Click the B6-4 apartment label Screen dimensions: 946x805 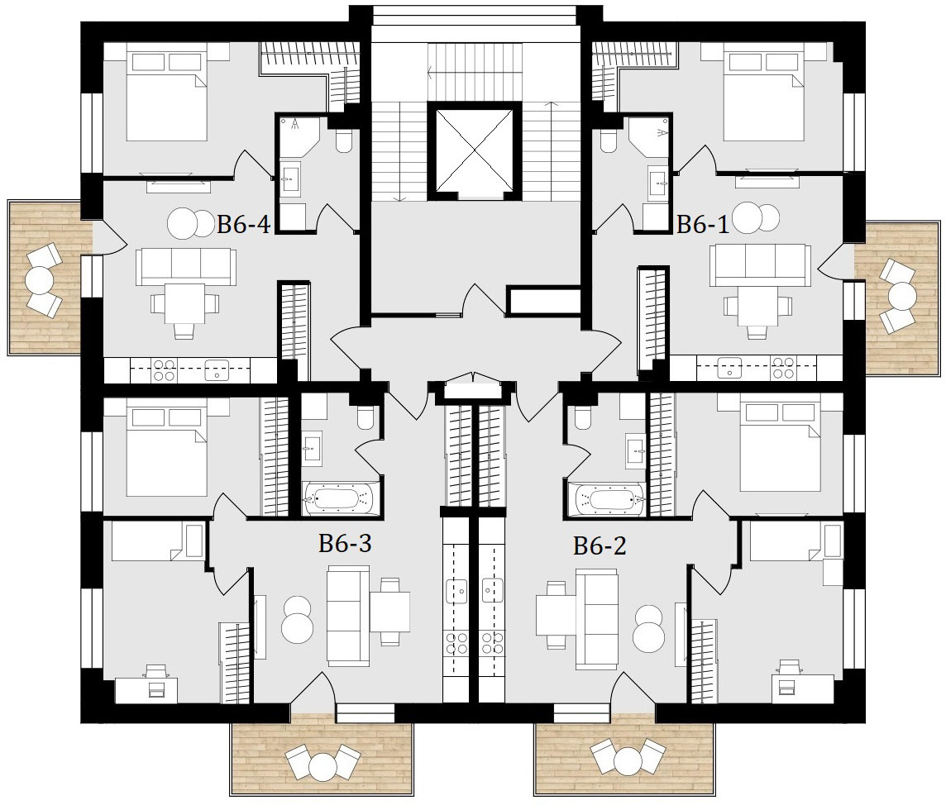point(243,225)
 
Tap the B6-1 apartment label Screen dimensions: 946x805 point(702,224)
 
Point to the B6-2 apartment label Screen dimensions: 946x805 point(600,545)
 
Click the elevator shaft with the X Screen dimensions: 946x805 point(474,150)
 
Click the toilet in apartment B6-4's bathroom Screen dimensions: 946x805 point(345,141)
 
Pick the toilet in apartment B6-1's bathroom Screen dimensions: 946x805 point(608,141)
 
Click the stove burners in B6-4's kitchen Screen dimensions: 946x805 point(164,369)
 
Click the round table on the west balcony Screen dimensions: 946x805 point(41,280)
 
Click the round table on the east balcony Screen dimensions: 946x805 point(902,296)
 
